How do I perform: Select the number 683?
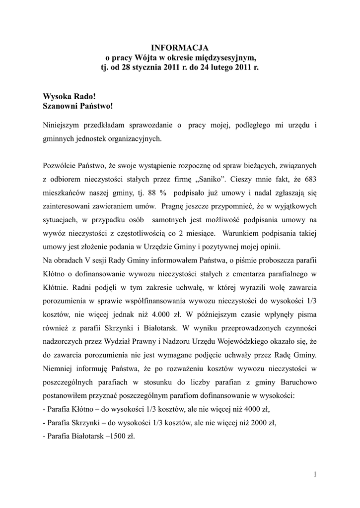pos(308,178)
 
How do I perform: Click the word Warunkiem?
pos(241,233)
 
